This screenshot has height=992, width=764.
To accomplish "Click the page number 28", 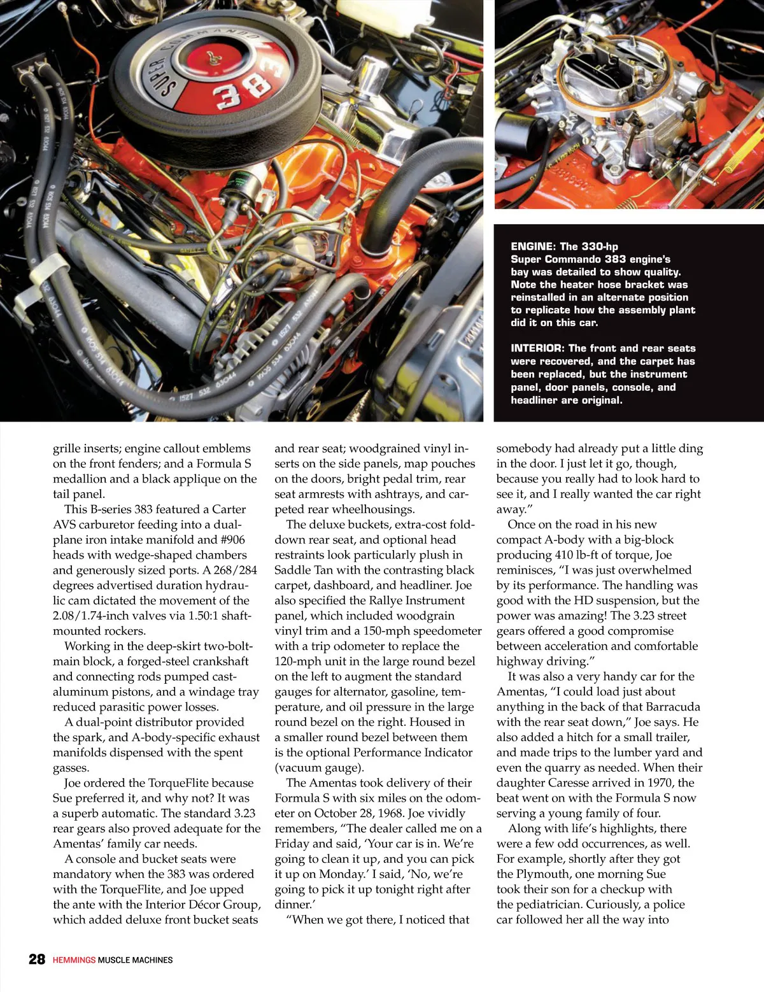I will point(37,959).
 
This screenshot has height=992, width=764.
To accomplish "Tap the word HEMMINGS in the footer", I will point(74,960).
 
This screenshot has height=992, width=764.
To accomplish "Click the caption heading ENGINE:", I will point(534,246).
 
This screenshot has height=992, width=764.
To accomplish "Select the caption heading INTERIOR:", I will point(538,348).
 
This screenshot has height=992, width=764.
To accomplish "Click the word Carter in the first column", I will point(229,509).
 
